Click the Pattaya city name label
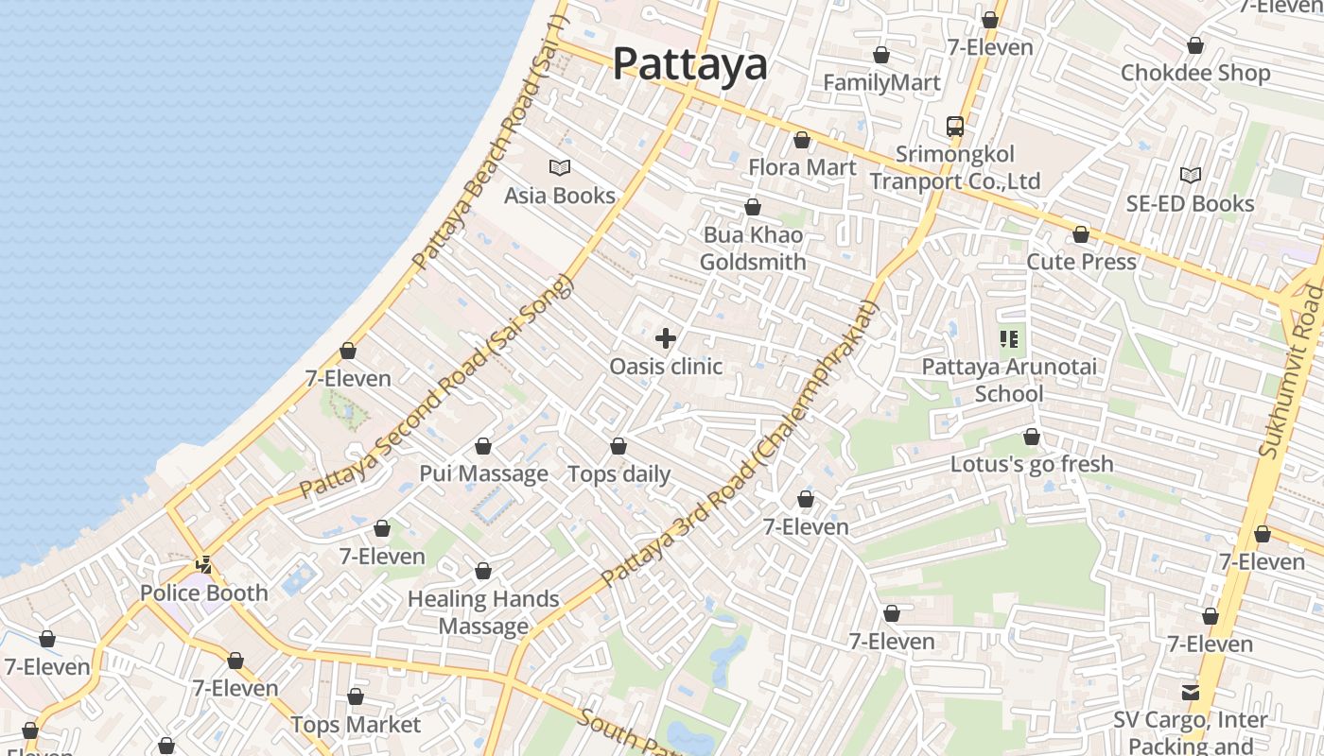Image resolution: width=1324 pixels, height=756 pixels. pos(689,64)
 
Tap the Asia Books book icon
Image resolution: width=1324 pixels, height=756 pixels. pos(560,167)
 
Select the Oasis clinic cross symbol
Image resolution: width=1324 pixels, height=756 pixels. pos(666,338)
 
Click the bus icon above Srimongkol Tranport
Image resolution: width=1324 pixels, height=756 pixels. pos(955,126)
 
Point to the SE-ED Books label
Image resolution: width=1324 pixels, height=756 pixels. pos(1190,203)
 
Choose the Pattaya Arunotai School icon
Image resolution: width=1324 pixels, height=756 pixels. pos(1009,338)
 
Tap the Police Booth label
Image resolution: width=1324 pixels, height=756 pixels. pos(203,593)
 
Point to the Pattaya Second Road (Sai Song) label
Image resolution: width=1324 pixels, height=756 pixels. pos(437,387)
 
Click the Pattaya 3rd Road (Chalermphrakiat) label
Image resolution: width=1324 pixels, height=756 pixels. pos(740,444)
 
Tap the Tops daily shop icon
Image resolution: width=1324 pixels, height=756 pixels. pos(618,446)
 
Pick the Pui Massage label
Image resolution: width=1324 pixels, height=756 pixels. pos(483,473)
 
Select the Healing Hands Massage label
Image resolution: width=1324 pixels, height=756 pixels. pos(483,612)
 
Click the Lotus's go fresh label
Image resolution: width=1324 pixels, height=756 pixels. pos(1032,464)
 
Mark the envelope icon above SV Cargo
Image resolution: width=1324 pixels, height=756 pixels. pos(1191,693)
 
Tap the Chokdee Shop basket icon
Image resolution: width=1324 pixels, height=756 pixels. pos(1195,45)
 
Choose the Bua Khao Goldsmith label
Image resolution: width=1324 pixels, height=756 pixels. pos(753,249)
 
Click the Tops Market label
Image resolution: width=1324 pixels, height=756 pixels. pos(356,725)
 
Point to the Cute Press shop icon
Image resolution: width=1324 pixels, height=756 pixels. pos(1081,234)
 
